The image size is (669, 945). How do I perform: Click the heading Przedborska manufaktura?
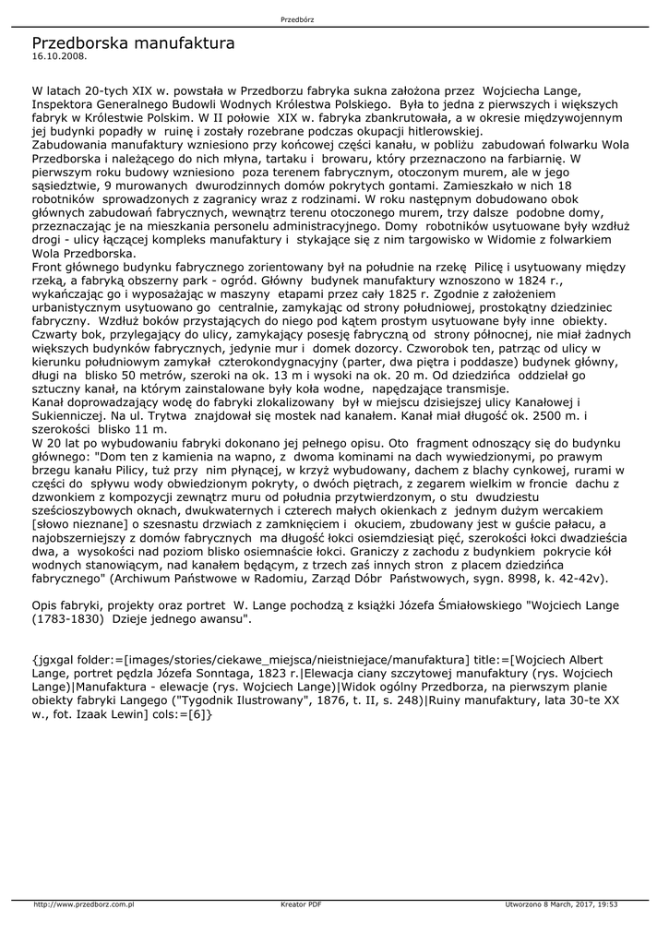pos(133,43)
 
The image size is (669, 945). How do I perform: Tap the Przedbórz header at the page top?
pos(294,19)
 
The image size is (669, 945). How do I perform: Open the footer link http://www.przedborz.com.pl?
pos(85,904)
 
